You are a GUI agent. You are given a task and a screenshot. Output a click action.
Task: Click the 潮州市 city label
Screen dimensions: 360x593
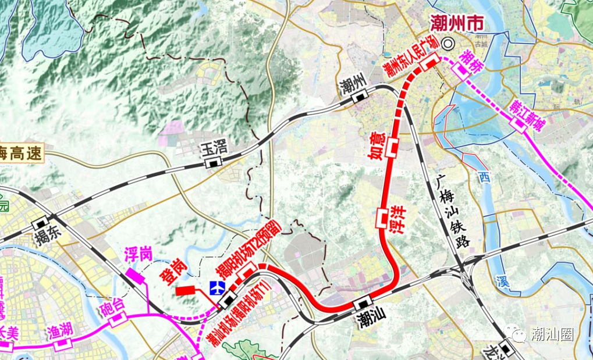click(456, 24)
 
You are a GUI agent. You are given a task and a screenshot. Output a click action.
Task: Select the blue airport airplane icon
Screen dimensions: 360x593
click(218, 287)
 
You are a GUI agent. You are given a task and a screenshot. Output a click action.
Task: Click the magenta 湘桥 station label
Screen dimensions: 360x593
click(471, 62)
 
